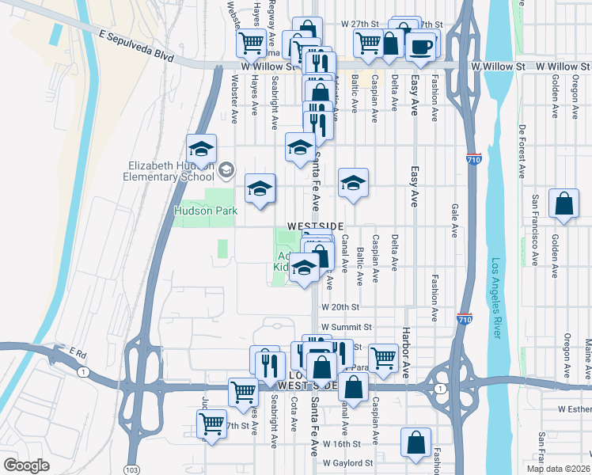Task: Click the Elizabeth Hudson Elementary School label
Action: pos(171,171)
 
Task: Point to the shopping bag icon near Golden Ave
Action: pos(564,203)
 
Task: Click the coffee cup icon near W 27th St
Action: pos(421,46)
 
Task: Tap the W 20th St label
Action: pos(340,306)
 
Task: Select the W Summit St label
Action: pos(346,327)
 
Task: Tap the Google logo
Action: pos(26,465)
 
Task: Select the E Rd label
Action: pos(76,351)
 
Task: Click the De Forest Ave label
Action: pos(522,150)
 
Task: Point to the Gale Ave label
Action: pos(454,219)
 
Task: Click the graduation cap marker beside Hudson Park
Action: pos(260,189)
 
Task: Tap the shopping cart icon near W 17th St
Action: pos(212,424)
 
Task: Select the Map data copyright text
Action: pos(558,469)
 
